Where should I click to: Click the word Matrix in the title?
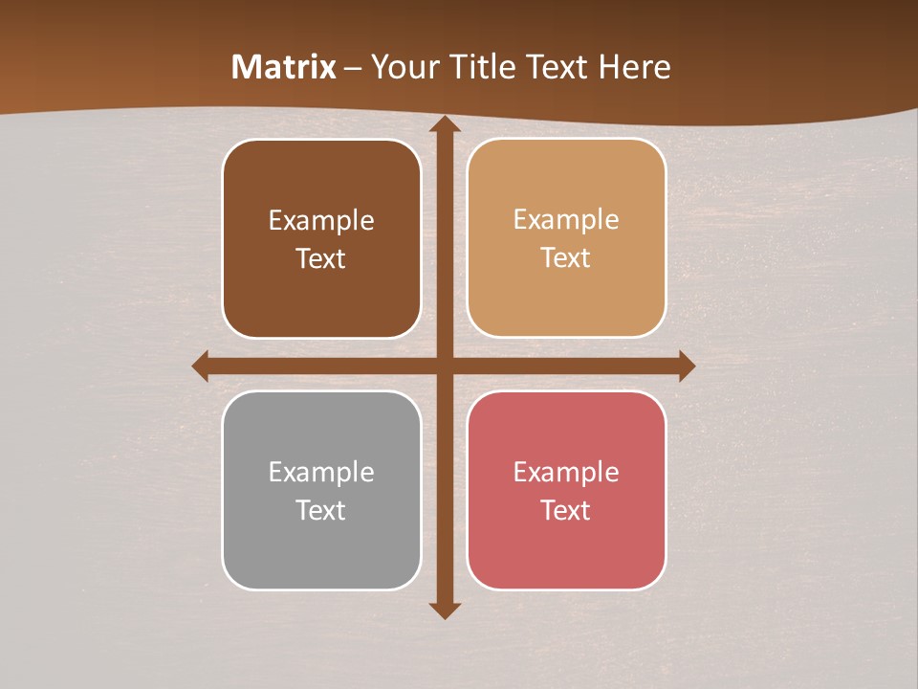coord(284,67)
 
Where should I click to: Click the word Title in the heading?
coord(485,67)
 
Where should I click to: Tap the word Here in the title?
coord(635,67)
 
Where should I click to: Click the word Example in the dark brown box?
coord(321,221)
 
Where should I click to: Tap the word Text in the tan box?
coord(565,258)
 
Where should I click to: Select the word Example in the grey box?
coord(321,472)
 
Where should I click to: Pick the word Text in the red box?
coord(565,510)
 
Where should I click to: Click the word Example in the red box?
coord(566,472)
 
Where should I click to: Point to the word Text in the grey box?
coord(320,510)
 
